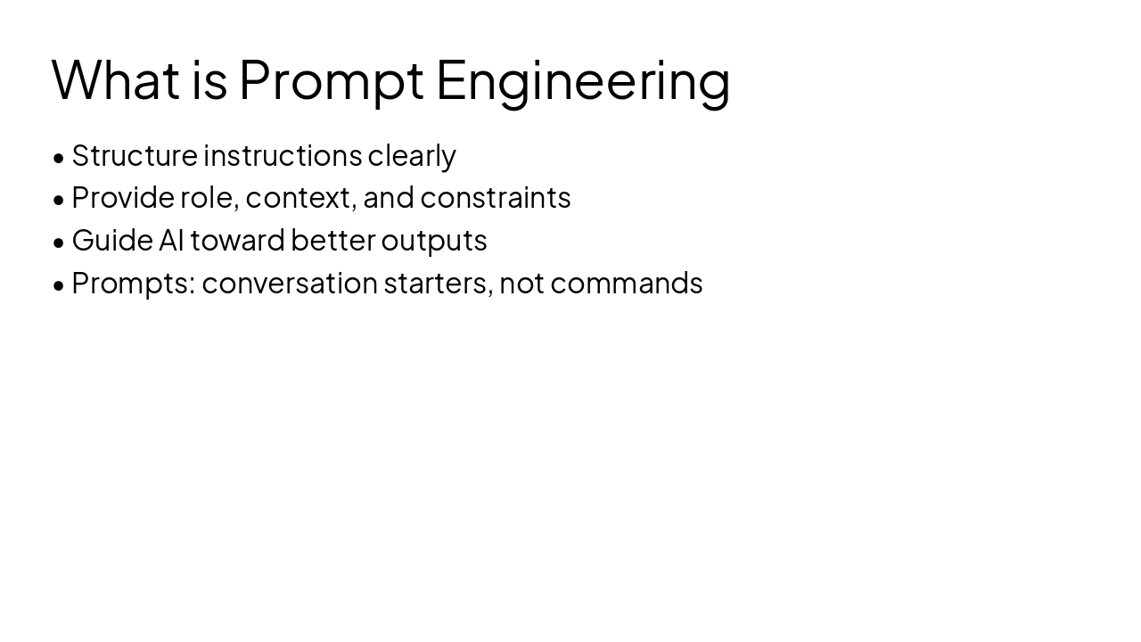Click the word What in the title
[116, 79]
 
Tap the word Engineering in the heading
[584, 84]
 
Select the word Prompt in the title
[331, 84]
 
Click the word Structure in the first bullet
[135, 155]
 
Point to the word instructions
[283, 155]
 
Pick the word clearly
[412, 157]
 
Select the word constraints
[495, 198]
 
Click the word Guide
[112, 240]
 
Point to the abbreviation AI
[171, 241]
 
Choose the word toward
[237, 240]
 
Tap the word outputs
[434, 242]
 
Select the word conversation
[290, 284]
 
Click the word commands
[627, 284]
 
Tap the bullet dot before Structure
[59, 158]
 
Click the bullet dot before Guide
[59, 243]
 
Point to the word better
[333, 240]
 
